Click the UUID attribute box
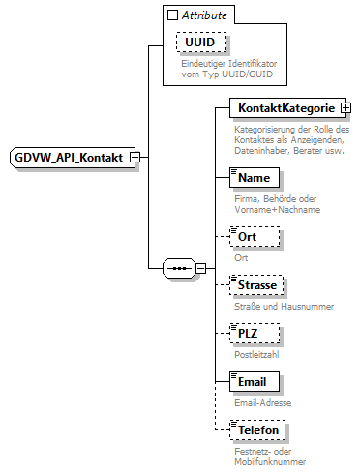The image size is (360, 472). click(200, 44)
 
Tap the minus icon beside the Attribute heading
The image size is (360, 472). click(172, 15)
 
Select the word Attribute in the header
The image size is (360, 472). click(205, 15)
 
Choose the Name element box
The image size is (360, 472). click(255, 178)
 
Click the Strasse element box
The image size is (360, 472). click(257, 286)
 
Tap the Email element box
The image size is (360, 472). click(255, 381)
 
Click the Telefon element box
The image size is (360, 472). click(259, 428)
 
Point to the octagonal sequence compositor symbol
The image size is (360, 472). click(179, 265)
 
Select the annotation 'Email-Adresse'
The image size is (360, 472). click(262, 402)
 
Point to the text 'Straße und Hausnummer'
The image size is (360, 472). click(284, 307)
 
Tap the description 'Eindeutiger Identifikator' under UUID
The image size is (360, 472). click(227, 63)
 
